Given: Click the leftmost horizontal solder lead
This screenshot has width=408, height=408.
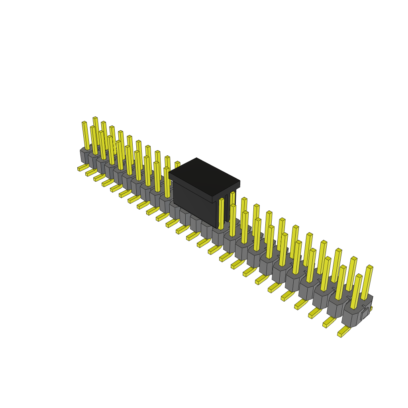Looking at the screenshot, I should (83, 168).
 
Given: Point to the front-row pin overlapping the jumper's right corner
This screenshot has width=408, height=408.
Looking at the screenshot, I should (222, 214).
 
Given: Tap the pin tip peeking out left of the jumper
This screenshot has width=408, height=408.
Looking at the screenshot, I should (177, 164).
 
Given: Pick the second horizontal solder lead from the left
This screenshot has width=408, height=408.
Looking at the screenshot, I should (91, 173).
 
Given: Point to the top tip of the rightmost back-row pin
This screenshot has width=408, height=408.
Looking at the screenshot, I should (370, 267).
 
